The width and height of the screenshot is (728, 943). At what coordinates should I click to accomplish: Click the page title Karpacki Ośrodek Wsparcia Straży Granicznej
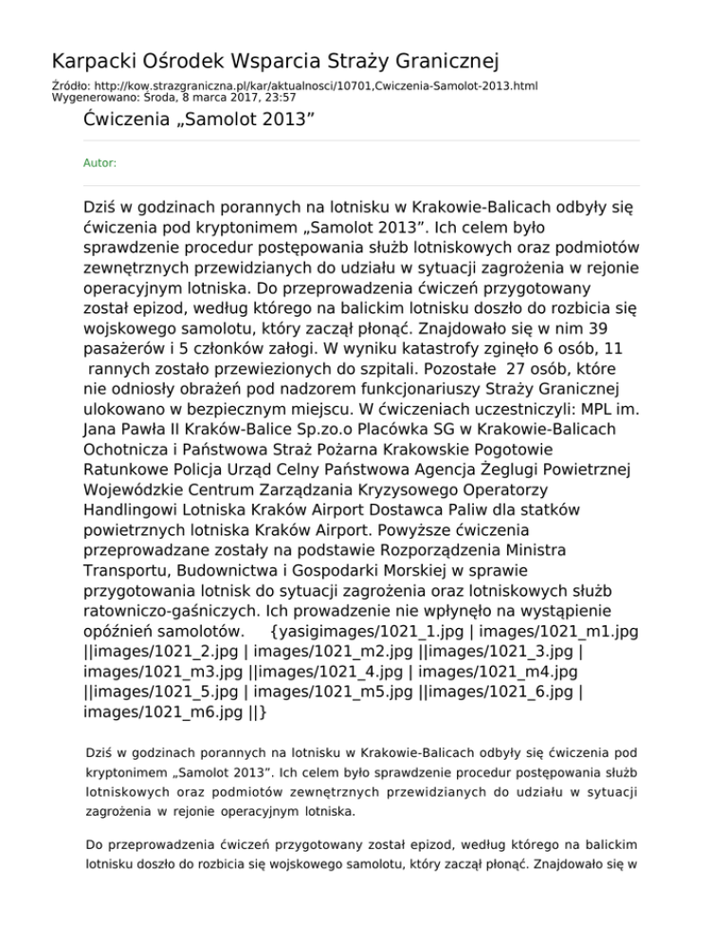[x=275, y=63]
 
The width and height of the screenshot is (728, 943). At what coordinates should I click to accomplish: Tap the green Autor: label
[x=100, y=163]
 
